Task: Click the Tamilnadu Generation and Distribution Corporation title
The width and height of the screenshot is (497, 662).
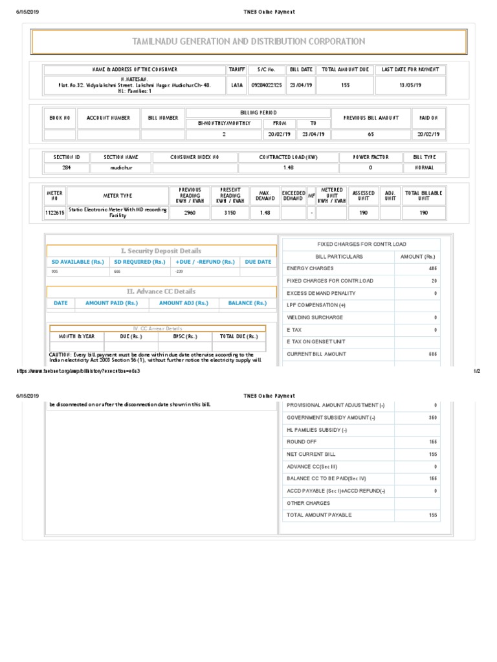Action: click(x=248, y=41)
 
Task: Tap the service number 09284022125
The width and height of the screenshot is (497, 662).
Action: click(x=266, y=84)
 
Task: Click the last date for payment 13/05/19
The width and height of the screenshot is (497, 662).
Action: click(x=410, y=84)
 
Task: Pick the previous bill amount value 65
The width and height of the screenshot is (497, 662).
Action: click(x=370, y=134)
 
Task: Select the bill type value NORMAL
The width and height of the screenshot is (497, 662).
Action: click(x=425, y=167)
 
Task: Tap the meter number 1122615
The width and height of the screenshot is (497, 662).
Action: click(x=54, y=212)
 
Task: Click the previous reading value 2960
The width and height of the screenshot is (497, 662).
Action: click(x=190, y=212)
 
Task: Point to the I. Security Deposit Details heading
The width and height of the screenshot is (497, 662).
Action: click(x=161, y=251)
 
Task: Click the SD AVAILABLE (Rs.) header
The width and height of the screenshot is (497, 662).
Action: click(x=78, y=262)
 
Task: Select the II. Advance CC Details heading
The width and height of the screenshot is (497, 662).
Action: click(x=161, y=292)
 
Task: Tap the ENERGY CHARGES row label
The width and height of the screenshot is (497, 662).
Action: click(x=310, y=268)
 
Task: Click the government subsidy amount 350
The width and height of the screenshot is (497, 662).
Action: click(x=432, y=418)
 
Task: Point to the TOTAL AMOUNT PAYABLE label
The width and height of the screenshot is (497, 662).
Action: click(x=319, y=515)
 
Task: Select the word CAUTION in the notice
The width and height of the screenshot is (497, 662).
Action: click(x=60, y=354)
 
